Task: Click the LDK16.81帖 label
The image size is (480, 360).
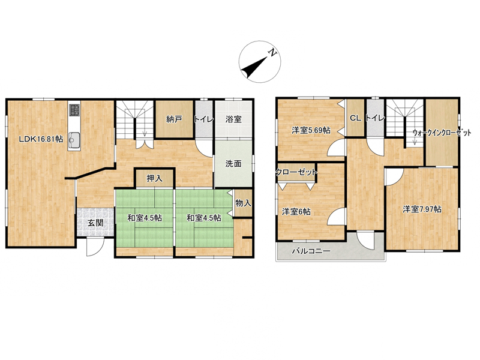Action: (41, 139)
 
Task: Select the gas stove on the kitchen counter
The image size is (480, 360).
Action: (74, 110)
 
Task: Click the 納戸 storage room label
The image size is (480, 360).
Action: (174, 119)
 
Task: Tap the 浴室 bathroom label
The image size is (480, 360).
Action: (233, 119)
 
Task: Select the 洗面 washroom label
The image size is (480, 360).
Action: (233, 163)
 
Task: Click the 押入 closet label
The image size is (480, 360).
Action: (154, 178)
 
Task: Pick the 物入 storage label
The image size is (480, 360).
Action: (244, 203)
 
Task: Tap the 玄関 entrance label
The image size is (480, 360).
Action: (95, 223)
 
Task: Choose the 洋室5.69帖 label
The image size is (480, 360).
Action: (311, 130)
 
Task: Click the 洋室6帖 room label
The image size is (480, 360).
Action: (296, 211)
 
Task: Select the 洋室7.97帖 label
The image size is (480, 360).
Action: (422, 209)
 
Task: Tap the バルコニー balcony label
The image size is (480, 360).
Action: (311, 251)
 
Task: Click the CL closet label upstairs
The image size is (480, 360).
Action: (355, 118)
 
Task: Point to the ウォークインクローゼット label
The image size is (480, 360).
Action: (442, 133)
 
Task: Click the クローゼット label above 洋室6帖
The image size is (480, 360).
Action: (296, 173)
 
